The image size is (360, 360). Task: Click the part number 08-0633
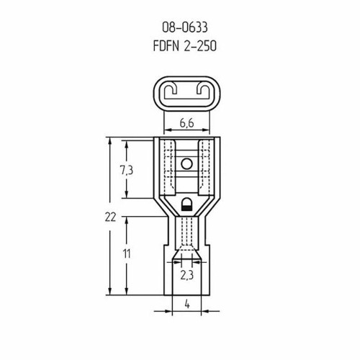[185, 27]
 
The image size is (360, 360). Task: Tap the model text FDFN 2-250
[185, 46]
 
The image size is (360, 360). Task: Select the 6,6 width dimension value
[186, 123]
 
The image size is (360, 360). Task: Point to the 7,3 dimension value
[127, 170]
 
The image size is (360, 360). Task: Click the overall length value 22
[110, 217]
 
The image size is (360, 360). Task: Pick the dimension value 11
[127, 254]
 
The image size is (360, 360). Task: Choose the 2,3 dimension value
[186, 276]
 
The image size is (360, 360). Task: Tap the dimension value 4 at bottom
[187, 305]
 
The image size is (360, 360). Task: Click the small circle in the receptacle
[186, 164]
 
